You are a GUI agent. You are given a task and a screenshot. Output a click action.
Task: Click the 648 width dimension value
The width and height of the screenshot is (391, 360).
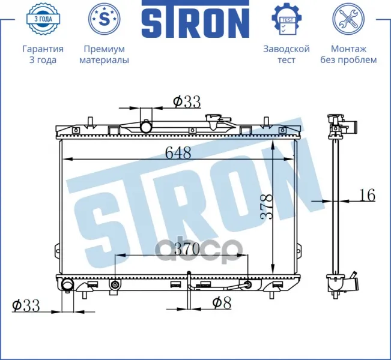point(178,152)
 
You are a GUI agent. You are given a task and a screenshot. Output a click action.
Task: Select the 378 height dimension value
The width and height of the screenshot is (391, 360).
point(266,206)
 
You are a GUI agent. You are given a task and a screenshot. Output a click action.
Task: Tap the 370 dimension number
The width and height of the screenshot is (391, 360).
point(187,249)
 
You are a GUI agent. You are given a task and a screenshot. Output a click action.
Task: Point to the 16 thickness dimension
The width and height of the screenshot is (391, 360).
point(368,195)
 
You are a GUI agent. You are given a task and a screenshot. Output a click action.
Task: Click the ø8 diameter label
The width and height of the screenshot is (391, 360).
point(222,302)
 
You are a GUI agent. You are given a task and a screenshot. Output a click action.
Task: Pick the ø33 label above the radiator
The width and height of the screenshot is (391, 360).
point(187,101)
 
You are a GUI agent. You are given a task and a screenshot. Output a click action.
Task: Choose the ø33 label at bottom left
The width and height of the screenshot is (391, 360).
point(26,305)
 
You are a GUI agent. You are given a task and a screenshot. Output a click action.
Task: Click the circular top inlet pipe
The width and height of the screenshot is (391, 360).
point(146,127)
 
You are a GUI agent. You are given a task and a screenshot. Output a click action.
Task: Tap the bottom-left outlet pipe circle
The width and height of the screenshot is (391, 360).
point(67,285)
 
